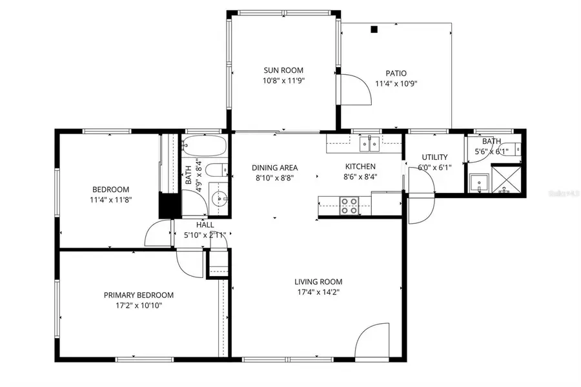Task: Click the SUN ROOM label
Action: [x=283, y=70]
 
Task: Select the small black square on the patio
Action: [x=374, y=29]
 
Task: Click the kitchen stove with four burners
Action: [x=349, y=206]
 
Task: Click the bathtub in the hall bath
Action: [x=203, y=147]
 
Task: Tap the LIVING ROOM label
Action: [x=318, y=281]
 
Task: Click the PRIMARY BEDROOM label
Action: [x=139, y=295]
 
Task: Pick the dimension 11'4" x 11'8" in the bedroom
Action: [x=110, y=200]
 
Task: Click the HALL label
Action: [x=205, y=224]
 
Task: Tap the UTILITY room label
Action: [x=434, y=157]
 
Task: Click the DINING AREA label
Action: [x=274, y=168]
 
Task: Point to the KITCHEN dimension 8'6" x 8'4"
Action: [x=360, y=176]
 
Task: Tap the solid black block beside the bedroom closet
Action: [x=168, y=205]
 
